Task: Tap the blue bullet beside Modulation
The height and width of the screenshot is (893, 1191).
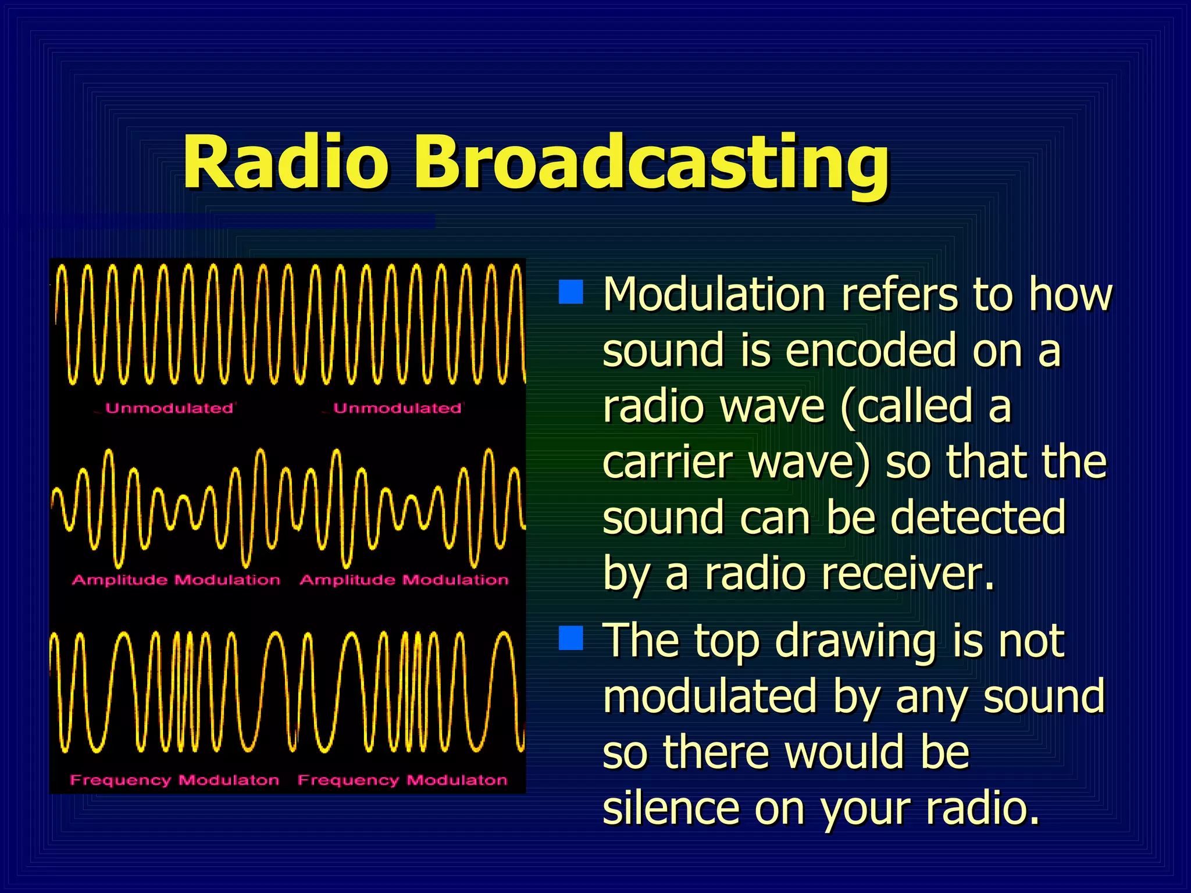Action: pos(570,292)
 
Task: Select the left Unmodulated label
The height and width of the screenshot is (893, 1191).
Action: pos(169,408)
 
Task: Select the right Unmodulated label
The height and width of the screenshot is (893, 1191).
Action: pos(398,408)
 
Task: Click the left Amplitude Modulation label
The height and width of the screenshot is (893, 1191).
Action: pos(176,580)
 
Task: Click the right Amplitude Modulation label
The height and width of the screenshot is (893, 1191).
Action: pos(404,580)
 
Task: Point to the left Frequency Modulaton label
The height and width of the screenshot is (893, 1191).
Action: pos(174,780)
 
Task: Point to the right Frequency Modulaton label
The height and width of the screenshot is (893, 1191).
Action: pos(402,780)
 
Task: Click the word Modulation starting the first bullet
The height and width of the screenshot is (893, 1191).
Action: pos(714,294)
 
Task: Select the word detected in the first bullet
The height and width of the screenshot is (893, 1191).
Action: pos(978,517)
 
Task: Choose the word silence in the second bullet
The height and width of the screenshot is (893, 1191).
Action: pos(671,809)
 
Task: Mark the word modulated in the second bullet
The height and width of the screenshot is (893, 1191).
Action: pos(709,696)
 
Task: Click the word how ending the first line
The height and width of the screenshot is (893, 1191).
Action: pos(1070,294)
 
